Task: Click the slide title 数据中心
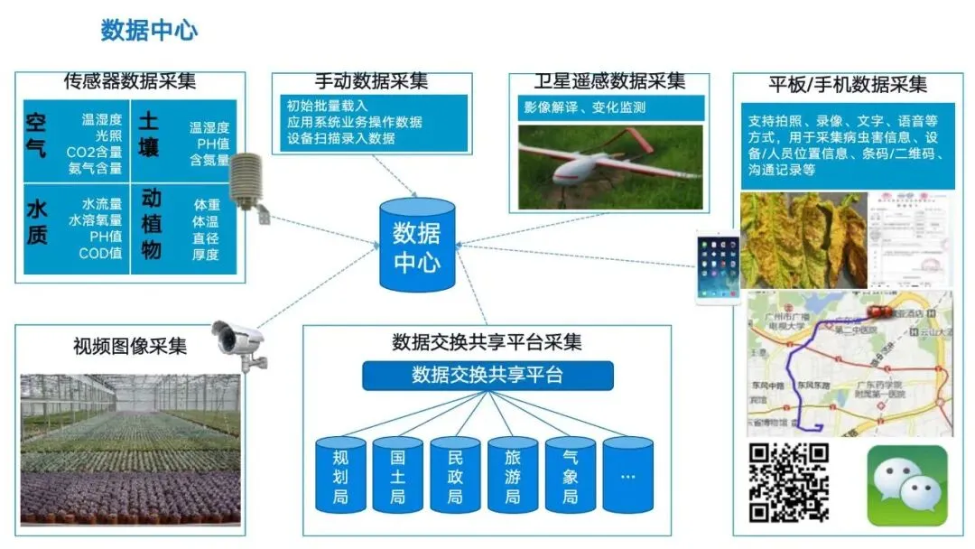click(x=149, y=31)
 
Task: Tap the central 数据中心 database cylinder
click(x=416, y=246)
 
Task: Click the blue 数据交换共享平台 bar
click(x=487, y=375)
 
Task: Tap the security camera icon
click(x=240, y=343)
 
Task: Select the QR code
click(x=788, y=482)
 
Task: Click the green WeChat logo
click(x=906, y=485)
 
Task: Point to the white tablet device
click(x=718, y=267)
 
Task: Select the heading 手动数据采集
click(x=371, y=81)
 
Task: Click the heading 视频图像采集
click(x=130, y=346)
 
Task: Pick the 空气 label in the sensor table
click(x=37, y=135)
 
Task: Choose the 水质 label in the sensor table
click(x=37, y=222)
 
